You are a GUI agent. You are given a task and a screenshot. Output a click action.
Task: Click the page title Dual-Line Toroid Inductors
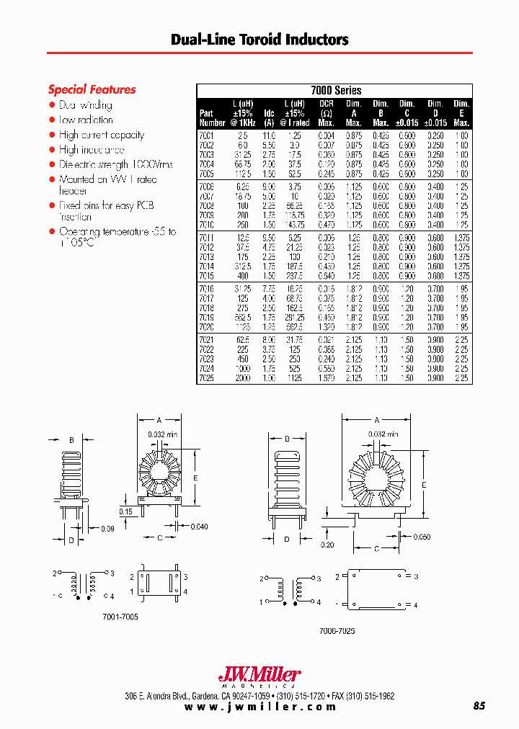259,40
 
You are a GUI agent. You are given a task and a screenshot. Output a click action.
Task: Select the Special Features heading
92,90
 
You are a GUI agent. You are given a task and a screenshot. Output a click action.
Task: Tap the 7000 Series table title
335,91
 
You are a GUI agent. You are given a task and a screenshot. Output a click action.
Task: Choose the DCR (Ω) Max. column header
326,113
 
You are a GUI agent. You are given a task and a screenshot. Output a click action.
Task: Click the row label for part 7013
207,256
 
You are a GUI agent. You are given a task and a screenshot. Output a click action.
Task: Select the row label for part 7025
207,377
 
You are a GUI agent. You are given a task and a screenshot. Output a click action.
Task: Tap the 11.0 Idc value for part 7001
268,135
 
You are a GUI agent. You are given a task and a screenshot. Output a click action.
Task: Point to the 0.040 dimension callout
199,527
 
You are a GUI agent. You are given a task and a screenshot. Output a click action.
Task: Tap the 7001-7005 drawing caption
122,617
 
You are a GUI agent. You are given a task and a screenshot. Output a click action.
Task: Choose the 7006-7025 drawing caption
337,630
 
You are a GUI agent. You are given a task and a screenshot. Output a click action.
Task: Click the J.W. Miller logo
259,676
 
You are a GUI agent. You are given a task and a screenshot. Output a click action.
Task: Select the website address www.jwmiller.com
260,707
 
